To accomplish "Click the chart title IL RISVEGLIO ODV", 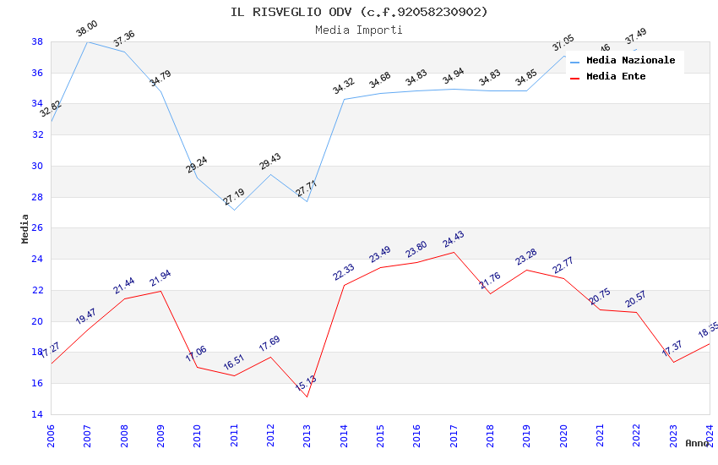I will [359, 12].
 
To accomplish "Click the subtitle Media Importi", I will [359, 30].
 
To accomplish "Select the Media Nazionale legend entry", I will [630, 61].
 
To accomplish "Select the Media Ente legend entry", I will [616, 77].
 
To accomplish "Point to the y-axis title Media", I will [25, 228].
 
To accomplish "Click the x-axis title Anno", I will [697, 443].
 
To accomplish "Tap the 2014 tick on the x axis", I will [344, 435].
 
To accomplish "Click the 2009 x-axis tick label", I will [160, 435].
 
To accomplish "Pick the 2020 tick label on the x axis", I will [563, 435].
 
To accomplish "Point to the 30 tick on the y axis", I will [37, 166].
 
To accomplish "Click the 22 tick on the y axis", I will [37, 290].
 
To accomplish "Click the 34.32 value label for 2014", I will [343, 87].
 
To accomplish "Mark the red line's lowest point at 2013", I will [307, 397].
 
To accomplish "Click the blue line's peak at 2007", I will [87, 41].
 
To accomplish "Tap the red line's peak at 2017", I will [454, 252].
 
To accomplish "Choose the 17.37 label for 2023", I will [672, 348].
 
